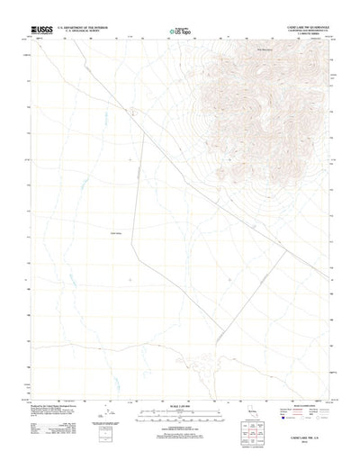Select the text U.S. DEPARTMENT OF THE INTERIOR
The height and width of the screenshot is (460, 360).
pos(86,29)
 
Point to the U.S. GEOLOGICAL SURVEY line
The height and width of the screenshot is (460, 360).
pos(86,33)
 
